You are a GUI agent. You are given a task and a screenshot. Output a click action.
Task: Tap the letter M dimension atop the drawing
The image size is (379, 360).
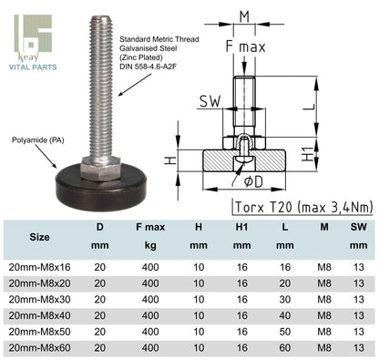(x=242, y=15)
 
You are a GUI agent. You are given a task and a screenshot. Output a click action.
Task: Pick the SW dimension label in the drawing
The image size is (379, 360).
(x=210, y=102)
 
